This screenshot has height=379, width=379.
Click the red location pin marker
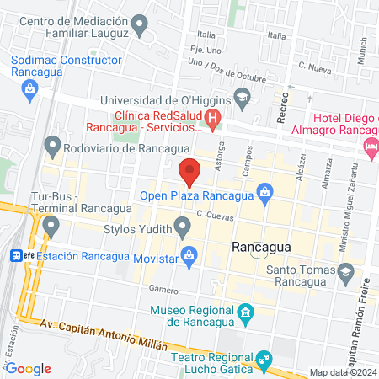[189, 170]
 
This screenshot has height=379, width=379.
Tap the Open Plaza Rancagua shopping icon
[264, 193]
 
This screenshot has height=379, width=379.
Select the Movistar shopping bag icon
[189, 253]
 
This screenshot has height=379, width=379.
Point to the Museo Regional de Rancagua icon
[245, 315]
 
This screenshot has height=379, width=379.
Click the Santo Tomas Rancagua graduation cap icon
[345, 270]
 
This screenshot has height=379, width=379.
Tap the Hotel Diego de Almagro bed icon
[370, 147]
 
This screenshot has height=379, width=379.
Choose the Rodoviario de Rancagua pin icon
[51, 149]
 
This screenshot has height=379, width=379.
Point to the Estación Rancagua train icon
[16, 254]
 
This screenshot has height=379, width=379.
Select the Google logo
[28, 368]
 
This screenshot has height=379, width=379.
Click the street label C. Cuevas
[214, 216]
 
